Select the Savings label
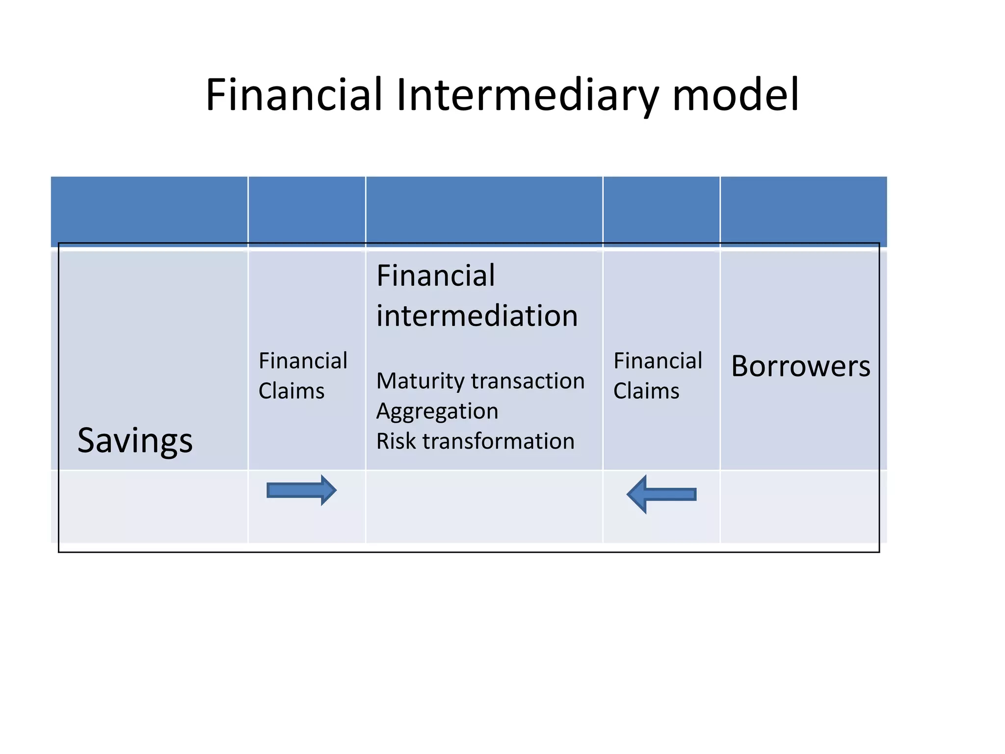135,440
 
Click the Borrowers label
800,366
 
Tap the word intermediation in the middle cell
477,316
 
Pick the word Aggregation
437,411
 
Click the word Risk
396,441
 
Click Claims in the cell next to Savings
291,391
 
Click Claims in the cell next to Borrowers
646,391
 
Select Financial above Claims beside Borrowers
658,361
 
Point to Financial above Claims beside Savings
303,361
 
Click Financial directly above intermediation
435,276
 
